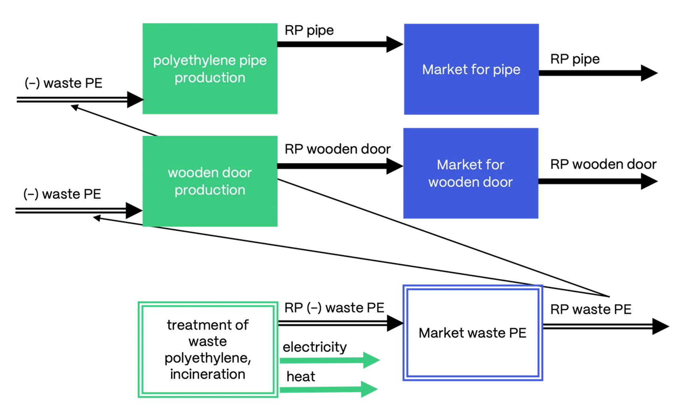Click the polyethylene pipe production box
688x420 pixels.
[210, 69]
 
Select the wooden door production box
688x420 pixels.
[210, 181]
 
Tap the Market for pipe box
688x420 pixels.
[471, 69]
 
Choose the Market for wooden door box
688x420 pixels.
[470, 173]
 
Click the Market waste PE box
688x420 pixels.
[472, 333]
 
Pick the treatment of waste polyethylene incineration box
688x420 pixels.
[208, 350]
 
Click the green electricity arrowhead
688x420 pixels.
[371, 360]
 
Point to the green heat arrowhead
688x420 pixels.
[369, 389]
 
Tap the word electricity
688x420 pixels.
[314, 347]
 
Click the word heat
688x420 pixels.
[301, 376]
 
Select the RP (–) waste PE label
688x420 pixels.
[334, 308]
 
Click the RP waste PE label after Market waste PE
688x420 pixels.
[590, 309]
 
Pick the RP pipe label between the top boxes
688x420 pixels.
[309, 30]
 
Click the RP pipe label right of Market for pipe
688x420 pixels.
[575, 59]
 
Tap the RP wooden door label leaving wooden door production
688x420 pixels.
[337, 149]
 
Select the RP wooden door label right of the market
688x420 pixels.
[603, 164]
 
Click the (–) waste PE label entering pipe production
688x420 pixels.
[63, 83]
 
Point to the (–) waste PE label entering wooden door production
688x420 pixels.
[62, 194]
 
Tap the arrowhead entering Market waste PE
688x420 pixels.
[395, 323]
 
